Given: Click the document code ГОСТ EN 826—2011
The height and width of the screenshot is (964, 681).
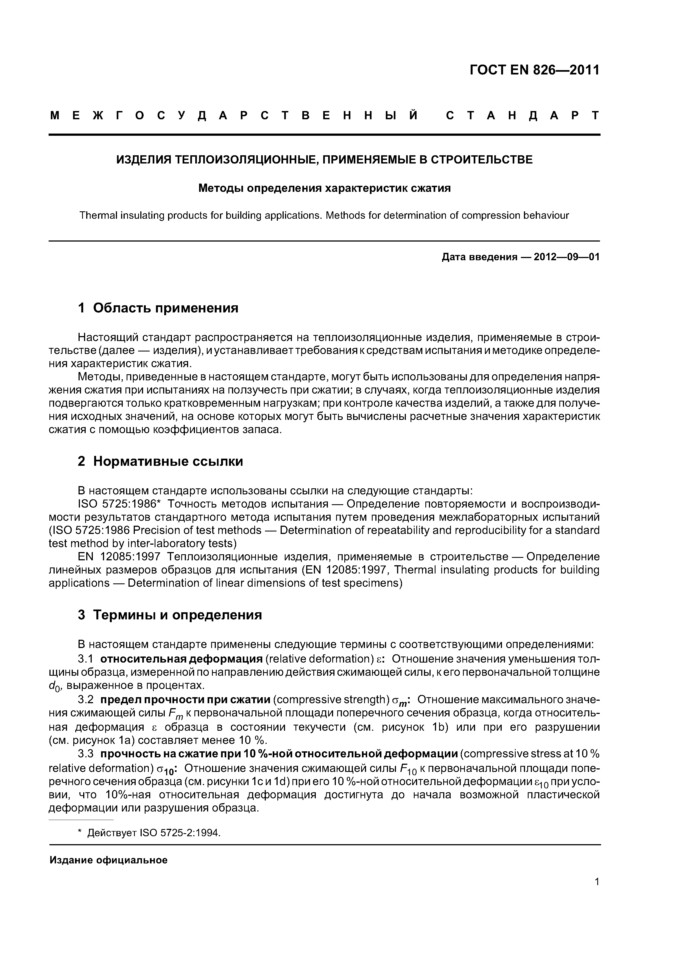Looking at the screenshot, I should pos(534,70).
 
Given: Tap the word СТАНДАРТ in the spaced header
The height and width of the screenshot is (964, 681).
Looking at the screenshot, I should pos(522,115).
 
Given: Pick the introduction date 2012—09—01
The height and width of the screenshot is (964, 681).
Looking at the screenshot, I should pos(566,257).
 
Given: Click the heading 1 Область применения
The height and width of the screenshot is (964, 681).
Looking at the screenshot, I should pos(158,308).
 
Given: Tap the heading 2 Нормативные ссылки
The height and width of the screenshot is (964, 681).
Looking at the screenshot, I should pos(160,461).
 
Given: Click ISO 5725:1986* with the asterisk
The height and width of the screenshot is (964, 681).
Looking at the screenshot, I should pos(117,503).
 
